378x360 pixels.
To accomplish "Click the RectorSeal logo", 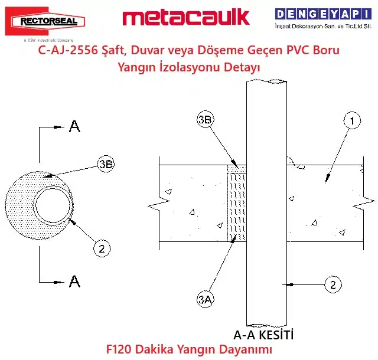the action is coord(45,21).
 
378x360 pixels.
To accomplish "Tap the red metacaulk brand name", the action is coord(186,17).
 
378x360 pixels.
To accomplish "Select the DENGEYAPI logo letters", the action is coord(323,14).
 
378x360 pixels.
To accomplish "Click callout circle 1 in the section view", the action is coord(352,120).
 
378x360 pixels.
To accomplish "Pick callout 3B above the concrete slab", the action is coord(206,120).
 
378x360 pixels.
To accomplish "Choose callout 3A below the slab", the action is coord(206,300).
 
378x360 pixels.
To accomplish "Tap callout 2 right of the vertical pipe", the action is coord(333,284).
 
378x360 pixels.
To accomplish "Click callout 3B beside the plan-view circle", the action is coord(106,164).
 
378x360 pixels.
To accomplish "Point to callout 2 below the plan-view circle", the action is coord(102,248).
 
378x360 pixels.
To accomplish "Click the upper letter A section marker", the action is coord(74,126).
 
